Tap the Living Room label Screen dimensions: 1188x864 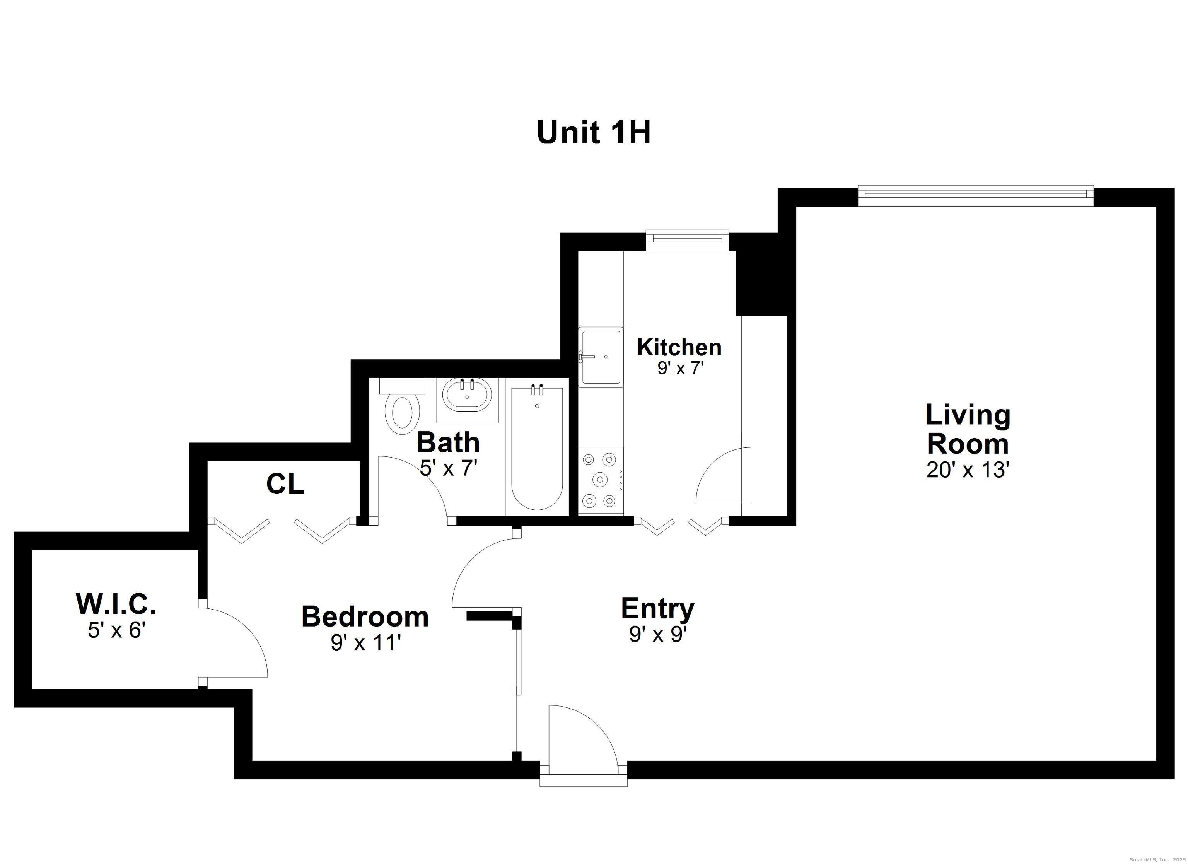click(968, 429)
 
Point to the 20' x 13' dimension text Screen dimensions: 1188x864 click(968, 470)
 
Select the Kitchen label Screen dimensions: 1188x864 click(679, 347)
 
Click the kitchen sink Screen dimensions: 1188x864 click(601, 357)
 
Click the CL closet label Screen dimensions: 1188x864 click(285, 484)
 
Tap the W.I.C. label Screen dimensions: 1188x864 click(116, 604)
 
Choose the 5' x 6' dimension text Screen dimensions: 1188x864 click(116, 630)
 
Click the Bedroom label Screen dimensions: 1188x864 click(365, 617)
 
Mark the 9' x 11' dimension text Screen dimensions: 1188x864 click(365, 643)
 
